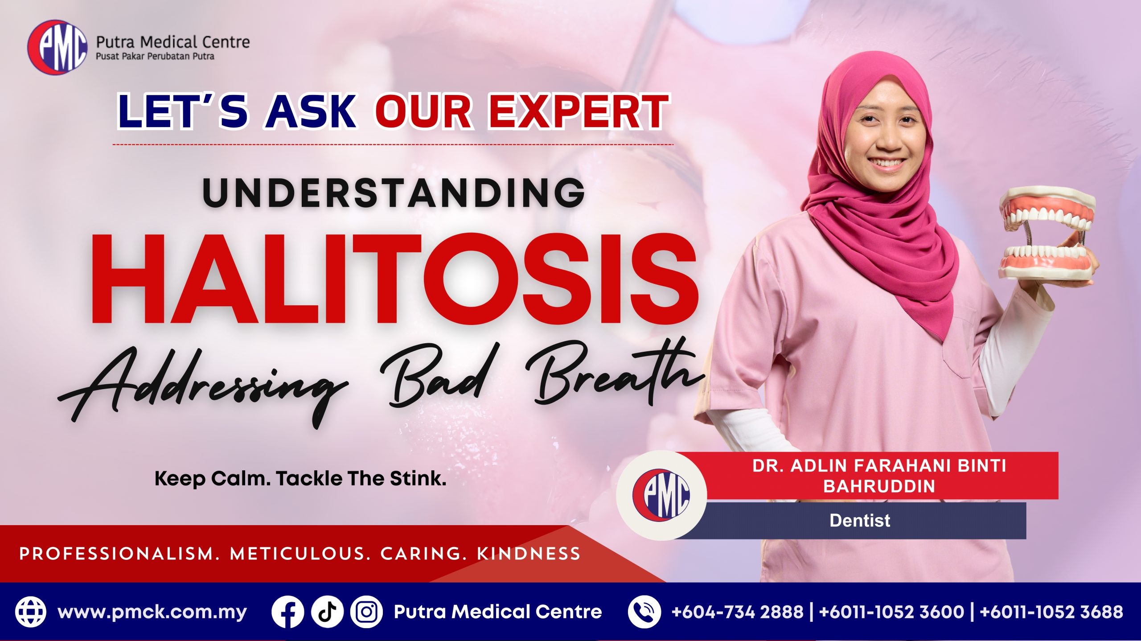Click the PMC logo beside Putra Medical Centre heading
[x=57, y=47]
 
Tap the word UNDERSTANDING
[x=394, y=193]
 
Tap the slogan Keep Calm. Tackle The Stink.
[x=300, y=479]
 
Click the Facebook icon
[x=287, y=612]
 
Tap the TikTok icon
[x=327, y=612]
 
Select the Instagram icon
[x=366, y=612]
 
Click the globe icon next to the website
[x=31, y=612]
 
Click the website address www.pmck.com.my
[x=152, y=612]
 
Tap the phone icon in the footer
[x=644, y=612]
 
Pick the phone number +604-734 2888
[x=738, y=612]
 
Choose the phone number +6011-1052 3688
[x=1051, y=612]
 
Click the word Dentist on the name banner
[x=860, y=521]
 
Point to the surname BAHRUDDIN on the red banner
[x=879, y=486]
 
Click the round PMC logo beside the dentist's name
[x=661, y=495]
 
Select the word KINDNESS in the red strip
[x=529, y=554]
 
